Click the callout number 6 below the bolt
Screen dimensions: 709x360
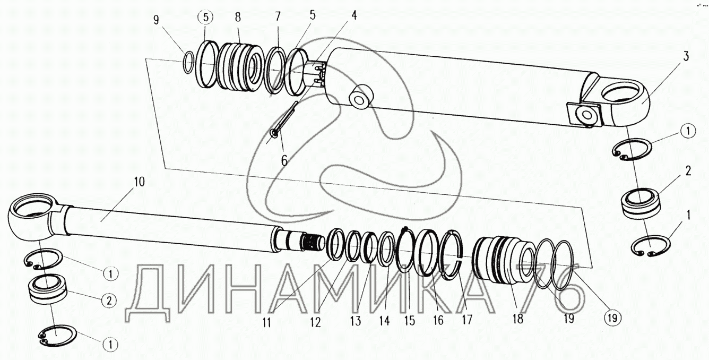[284, 160]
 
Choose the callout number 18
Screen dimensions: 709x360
[517, 319]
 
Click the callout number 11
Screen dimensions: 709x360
[269, 321]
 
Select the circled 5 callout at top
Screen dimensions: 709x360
[205, 18]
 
